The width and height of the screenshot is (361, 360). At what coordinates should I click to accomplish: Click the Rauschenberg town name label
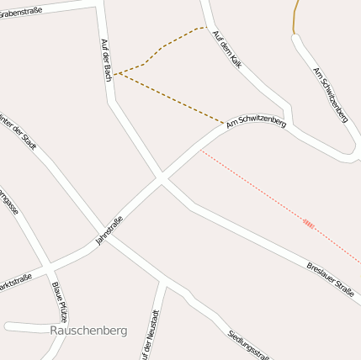pos(88,331)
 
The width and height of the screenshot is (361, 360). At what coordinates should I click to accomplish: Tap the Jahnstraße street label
pos(109,230)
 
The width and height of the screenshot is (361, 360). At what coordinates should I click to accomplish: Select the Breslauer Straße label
pos(329,278)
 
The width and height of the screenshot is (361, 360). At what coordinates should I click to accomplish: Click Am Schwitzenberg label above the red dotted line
pos(256,123)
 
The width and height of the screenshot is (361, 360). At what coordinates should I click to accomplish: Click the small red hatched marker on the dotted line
pos(309,224)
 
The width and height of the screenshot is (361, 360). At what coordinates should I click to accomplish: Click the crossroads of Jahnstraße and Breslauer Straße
pos(161,179)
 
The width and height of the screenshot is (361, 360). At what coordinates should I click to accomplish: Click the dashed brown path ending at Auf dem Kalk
pos(160,49)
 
